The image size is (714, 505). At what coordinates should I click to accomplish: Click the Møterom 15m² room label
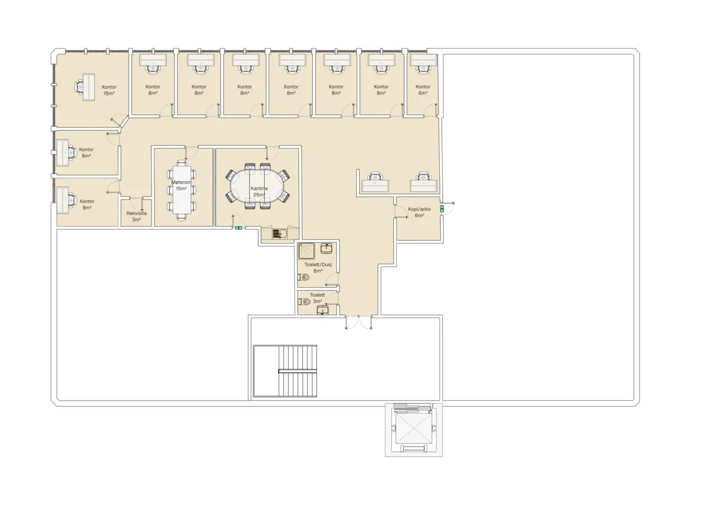tap(181, 186)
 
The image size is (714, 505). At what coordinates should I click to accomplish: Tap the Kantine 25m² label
tap(259, 191)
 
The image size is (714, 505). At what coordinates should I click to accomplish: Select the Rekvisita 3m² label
tap(136, 217)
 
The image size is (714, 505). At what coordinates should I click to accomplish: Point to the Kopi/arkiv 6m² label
tap(419, 212)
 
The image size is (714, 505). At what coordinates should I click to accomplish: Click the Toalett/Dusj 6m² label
tap(318, 268)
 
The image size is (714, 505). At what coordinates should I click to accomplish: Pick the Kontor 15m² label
tap(109, 90)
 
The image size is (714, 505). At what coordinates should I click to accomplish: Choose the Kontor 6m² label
tap(423, 90)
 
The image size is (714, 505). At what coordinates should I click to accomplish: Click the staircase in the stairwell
tap(285, 371)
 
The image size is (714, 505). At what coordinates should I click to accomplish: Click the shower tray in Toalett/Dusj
tap(306, 251)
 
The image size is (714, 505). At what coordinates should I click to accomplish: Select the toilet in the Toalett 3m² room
tap(304, 301)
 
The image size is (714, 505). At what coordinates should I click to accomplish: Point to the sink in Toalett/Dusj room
tap(326, 249)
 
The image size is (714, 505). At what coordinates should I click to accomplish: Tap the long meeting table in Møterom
tap(182, 190)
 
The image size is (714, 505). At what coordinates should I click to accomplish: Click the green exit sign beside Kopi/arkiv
tap(442, 209)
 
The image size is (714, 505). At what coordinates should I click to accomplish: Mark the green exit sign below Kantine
tap(238, 228)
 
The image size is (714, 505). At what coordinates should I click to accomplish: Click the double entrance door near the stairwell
tap(358, 322)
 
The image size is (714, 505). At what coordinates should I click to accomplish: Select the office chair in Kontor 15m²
tap(80, 86)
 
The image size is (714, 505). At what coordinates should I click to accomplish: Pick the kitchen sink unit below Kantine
tap(279, 233)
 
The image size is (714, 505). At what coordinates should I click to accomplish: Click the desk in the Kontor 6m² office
tap(423, 59)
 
